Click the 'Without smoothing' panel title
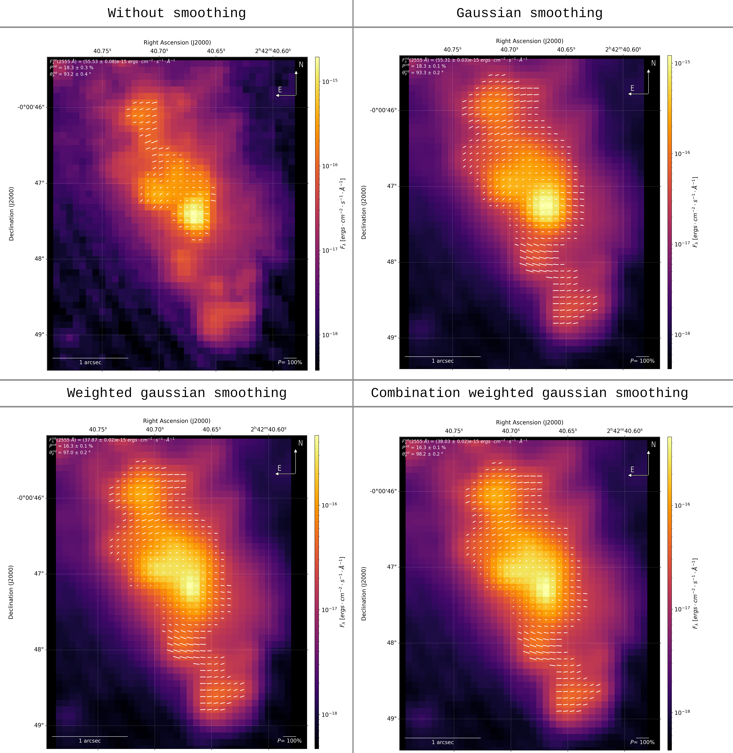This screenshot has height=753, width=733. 177,13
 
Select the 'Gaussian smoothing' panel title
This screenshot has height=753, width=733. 529,13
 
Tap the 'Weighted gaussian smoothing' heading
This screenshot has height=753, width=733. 177,393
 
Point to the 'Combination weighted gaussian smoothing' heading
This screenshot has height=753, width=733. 529,393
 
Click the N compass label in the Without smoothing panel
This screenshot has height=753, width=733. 301,65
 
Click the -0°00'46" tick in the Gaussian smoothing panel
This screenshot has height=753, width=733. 383,110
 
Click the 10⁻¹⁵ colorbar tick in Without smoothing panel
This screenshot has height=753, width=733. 330,81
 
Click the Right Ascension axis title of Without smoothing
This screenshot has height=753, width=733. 177,42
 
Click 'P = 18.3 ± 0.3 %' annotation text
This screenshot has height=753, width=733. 72,68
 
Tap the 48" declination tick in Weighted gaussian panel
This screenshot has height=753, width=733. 39,649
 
